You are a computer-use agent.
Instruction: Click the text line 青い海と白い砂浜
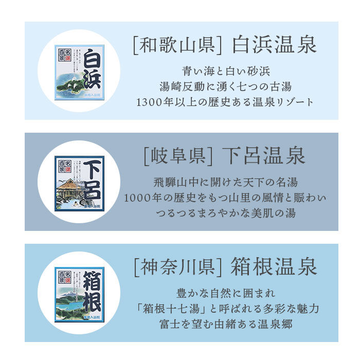coord(226,70)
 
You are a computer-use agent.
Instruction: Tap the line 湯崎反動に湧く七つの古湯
coord(226,86)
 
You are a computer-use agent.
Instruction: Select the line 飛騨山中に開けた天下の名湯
coord(226,182)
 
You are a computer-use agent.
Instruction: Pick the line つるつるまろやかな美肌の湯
coord(226,213)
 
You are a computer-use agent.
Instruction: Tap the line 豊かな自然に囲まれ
coord(226,293)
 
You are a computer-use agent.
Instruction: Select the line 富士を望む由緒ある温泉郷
coord(226,324)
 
